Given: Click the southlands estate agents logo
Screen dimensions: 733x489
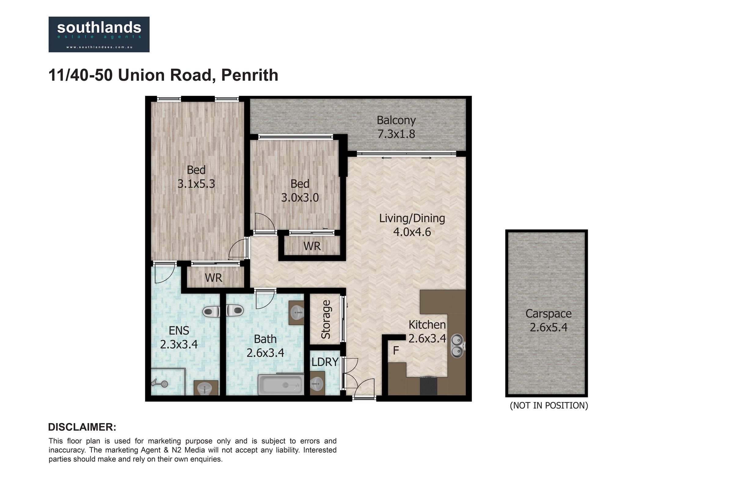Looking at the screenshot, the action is [99, 34].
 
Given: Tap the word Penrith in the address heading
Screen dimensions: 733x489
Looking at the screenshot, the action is [249, 75].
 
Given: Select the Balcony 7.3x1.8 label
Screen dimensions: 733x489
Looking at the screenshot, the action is [396, 127].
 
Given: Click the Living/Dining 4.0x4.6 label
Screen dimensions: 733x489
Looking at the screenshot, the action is [412, 225].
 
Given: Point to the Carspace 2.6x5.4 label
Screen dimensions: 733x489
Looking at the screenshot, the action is [549, 320].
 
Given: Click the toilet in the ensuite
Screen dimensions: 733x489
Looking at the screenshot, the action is [211, 311].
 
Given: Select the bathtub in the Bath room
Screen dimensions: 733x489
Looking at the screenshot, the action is [280, 384].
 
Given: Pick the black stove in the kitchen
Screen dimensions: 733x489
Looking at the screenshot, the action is [428, 386].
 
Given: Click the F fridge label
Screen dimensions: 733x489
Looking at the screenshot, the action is [396, 351].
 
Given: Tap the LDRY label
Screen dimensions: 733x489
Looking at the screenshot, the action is [325, 362].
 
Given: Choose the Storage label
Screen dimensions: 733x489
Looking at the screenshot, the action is [326, 319].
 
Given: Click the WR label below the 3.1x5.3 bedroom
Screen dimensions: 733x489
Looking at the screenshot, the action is [213, 278].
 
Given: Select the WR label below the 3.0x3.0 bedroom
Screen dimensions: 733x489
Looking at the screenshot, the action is [312, 246].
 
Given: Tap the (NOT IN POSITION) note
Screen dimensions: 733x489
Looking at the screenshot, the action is [549, 406].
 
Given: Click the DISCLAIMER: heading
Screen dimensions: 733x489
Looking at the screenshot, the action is [82, 427].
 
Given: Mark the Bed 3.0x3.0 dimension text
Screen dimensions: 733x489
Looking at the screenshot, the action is [300, 197].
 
